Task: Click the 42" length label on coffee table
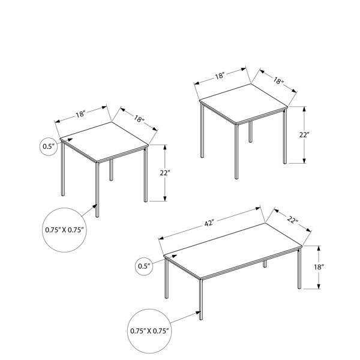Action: pos(209,223)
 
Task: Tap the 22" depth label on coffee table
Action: pos(293,220)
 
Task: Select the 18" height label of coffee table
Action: pos(319,267)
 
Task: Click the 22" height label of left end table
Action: pos(165,173)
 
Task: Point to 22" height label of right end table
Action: pos(304,135)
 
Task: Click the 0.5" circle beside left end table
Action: pos(49,146)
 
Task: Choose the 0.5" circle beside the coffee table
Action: pos(144,266)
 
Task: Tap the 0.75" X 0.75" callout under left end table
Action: pos(64,230)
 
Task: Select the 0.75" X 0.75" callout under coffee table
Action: pos(149,331)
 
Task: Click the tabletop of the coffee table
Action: pos(233,250)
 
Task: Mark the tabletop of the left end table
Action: pos(104,142)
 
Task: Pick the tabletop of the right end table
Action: pos(244,103)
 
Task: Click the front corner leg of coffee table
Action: pos(201,299)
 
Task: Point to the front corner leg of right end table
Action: pos(236,151)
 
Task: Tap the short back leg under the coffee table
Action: pos(265,263)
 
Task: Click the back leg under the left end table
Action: pos(111,170)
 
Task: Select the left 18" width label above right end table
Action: pos(219,76)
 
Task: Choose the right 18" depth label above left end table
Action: pos(139,119)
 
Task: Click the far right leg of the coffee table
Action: pos(299,268)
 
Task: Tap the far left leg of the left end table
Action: pos(63,169)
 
